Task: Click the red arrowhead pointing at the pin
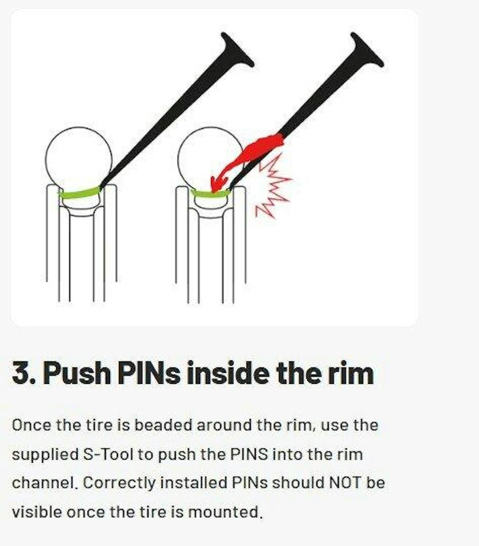click(x=218, y=184)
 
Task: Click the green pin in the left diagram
click(x=79, y=192)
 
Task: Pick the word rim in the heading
click(x=350, y=373)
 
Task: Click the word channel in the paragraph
click(x=44, y=483)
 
